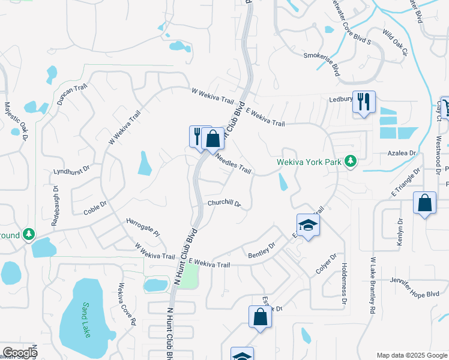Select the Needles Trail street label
tap(232, 162)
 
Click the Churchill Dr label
tap(224, 203)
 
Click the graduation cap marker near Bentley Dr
tap(309, 225)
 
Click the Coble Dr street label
tap(95, 208)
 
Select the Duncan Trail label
tap(73, 95)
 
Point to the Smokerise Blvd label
tap(329, 62)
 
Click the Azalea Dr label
tap(402, 154)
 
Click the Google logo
tap(19, 353)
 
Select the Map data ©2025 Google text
tap(411, 355)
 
